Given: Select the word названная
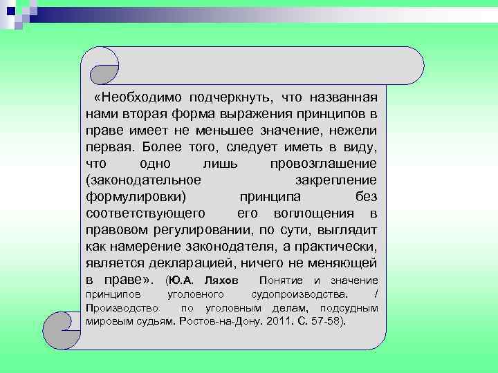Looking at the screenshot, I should tap(340, 97).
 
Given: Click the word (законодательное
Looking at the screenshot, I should tap(144, 180).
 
